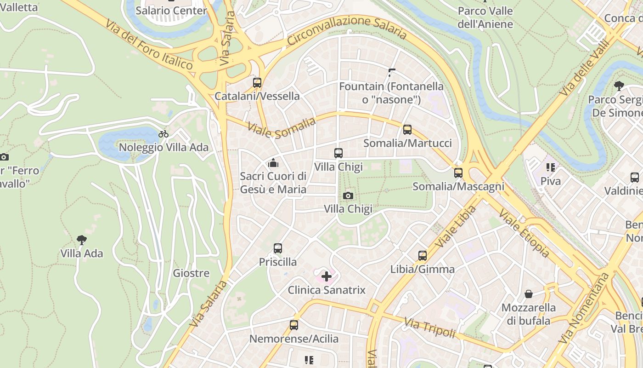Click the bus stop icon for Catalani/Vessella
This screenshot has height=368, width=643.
[257, 83]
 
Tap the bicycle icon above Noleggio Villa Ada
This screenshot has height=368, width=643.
[164, 134]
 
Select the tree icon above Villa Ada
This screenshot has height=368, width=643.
[82, 240]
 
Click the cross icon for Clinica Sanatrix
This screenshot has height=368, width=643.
[327, 276]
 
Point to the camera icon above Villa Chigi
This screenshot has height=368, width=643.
[348, 195]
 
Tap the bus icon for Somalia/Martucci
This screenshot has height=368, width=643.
[407, 130]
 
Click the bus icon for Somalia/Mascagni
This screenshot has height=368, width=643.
[458, 173]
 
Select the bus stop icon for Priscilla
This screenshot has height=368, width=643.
[278, 248]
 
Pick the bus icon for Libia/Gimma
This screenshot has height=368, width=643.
[423, 256]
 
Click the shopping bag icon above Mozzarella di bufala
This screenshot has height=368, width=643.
[529, 294]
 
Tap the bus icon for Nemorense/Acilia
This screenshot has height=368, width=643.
[294, 325]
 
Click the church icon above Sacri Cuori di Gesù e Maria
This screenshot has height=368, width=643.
[273, 163]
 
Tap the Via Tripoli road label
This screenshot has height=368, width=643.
[429, 327]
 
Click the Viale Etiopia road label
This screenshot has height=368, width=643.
[524, 234]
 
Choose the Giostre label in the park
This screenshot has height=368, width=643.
[191, 273]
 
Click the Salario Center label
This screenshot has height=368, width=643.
[171, 10]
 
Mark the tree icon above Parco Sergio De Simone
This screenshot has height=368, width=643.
[619, 86]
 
